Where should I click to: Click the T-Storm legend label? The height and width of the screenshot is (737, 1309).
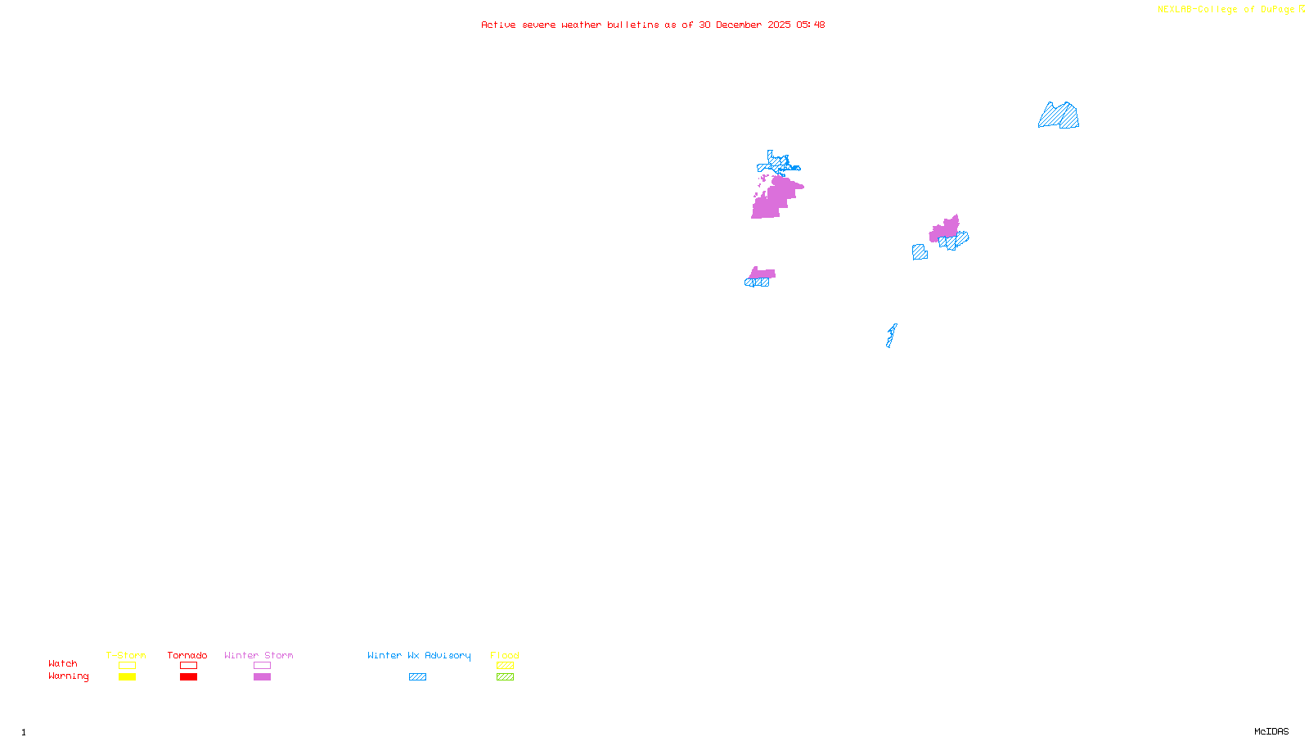[126, 655]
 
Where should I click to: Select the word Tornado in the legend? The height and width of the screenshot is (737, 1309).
[187, 655]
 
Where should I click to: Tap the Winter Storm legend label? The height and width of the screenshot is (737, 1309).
[259, 655]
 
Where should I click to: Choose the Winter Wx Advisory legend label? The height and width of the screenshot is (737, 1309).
[419, 655]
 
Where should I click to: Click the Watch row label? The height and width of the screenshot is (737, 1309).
[63, 663]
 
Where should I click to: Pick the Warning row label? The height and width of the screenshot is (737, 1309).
[68, 676]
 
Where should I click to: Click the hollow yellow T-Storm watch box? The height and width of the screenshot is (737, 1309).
[127, 666]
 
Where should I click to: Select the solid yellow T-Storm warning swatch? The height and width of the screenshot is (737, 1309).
[127, 677]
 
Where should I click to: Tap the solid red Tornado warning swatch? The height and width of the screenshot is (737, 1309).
[189, 677]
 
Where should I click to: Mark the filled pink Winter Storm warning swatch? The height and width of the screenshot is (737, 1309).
[262, 677]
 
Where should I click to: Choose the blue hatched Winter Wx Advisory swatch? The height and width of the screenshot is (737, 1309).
[417, 677]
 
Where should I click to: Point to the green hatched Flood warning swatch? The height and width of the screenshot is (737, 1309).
[505, 677]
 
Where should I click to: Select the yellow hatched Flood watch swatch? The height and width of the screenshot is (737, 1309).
[505, 666]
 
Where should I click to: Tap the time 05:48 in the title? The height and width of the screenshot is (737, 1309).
[811, 25]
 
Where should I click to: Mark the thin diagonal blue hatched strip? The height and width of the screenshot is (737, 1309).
[891, 336]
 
